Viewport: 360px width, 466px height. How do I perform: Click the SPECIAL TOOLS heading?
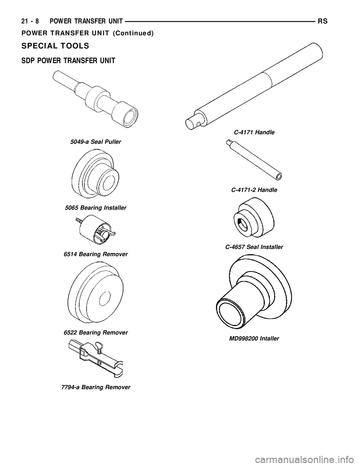55,46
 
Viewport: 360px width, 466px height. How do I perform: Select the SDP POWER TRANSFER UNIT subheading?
68,61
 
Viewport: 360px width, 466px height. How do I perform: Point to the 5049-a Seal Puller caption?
96,142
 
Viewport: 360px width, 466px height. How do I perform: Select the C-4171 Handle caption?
254,132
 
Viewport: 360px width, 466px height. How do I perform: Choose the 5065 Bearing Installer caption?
96,208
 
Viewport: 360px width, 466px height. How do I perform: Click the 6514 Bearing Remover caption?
96,254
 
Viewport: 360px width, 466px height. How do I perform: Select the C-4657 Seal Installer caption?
254,247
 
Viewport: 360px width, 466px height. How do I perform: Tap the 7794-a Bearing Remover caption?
96,387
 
